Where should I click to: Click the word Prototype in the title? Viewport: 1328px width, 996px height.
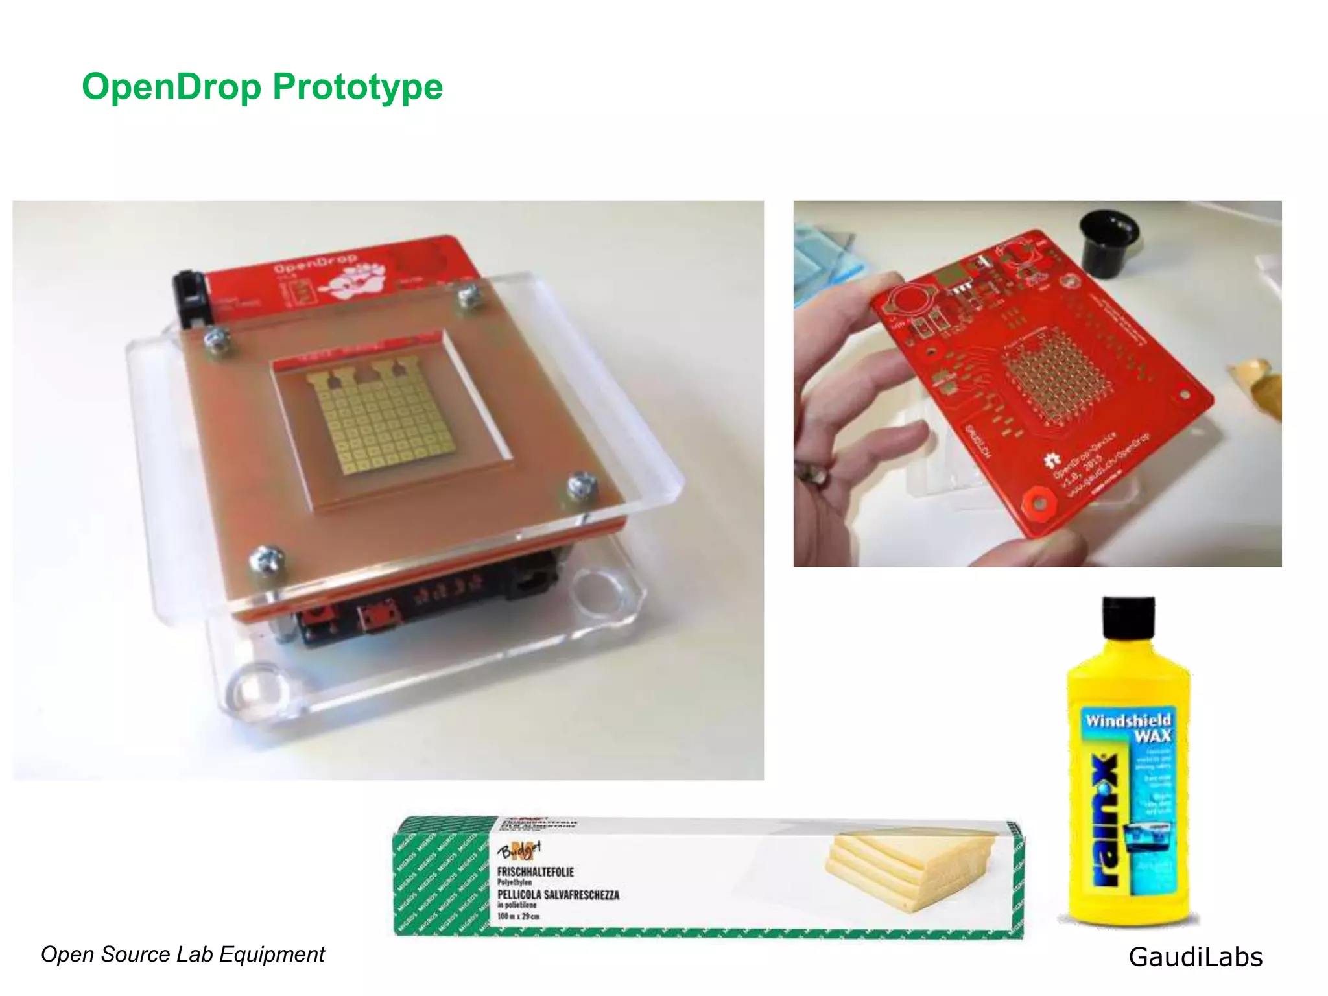(357, 86)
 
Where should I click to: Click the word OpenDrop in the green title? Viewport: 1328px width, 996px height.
(171, 86)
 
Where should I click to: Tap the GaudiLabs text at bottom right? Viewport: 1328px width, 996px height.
(1195, 957)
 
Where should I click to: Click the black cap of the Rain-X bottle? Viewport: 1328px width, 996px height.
(1128, 617)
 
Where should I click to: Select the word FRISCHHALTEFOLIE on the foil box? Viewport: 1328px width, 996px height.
(535, 872)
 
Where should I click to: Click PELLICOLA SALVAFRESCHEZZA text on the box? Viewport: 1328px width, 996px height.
(558, 895)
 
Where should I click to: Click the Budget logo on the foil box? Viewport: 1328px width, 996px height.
(518, 849)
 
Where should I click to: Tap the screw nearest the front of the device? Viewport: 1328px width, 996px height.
(267, 559)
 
